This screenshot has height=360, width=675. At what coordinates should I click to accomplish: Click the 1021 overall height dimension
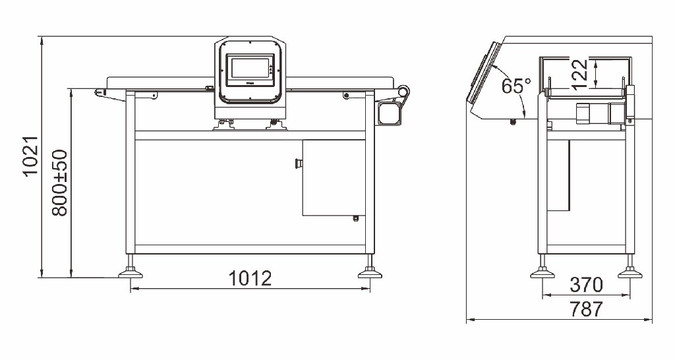(31, 156)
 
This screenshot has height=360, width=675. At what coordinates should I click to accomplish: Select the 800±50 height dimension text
(59, 182)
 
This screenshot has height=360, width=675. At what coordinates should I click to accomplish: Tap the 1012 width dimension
(250, 278)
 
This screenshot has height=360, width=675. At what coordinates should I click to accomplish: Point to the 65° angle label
(515, 86)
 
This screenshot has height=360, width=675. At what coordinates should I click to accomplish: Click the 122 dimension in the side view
(580, 74)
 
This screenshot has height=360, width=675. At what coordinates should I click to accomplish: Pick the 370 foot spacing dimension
(586, 285)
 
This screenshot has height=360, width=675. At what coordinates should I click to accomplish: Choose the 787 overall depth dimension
(586, 309)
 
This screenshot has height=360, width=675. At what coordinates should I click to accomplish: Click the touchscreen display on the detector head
(250, 68)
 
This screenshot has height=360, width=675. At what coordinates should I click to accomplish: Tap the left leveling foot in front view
(131, 270)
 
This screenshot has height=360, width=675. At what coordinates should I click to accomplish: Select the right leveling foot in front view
(370, 270)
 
